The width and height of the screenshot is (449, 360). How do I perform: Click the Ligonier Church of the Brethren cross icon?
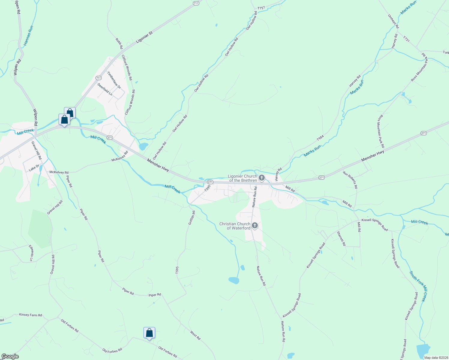pos(261,178)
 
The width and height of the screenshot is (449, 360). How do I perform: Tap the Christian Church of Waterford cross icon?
pos(255,225)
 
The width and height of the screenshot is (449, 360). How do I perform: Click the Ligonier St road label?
pos(144,37)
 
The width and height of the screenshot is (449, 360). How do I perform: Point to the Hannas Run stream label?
pos(29,35)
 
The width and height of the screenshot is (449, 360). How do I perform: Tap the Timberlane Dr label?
pos(114,80)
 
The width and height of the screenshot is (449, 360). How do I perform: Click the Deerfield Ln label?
pos(105,89)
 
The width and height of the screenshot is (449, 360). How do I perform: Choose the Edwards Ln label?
pos(31,253)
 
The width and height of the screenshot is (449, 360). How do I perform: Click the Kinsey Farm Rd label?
pos(31,315)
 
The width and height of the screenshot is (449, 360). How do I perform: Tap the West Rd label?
pos(195,335)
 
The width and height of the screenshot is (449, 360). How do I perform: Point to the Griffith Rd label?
pos(191,218)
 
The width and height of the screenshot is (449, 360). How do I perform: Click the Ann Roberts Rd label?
pos(350,180)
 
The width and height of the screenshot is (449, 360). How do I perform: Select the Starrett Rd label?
pos(341,238)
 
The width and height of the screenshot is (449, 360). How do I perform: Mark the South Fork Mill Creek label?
pos(418,286)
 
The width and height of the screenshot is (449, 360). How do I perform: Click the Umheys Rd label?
pos(393,21)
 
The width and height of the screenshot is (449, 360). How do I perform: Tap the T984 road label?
pos(320,138)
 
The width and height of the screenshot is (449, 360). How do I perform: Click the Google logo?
pos(10,356)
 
